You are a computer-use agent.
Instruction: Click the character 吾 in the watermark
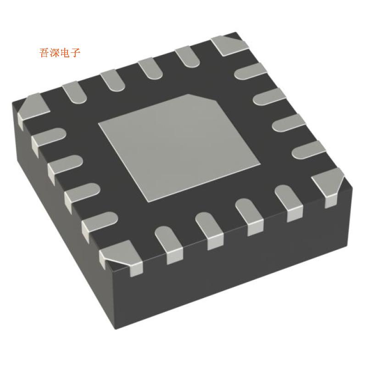pos(45,53)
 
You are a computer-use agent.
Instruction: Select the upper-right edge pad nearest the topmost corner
pos(250,71)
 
